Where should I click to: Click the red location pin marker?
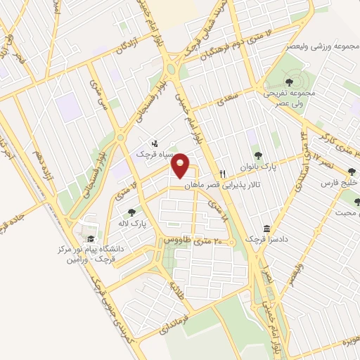(x=181, y=165)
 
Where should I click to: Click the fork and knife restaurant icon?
(x=222, y=173)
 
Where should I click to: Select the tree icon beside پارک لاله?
(x=131, y=212)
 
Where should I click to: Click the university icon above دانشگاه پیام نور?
(x=88, y=233)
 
